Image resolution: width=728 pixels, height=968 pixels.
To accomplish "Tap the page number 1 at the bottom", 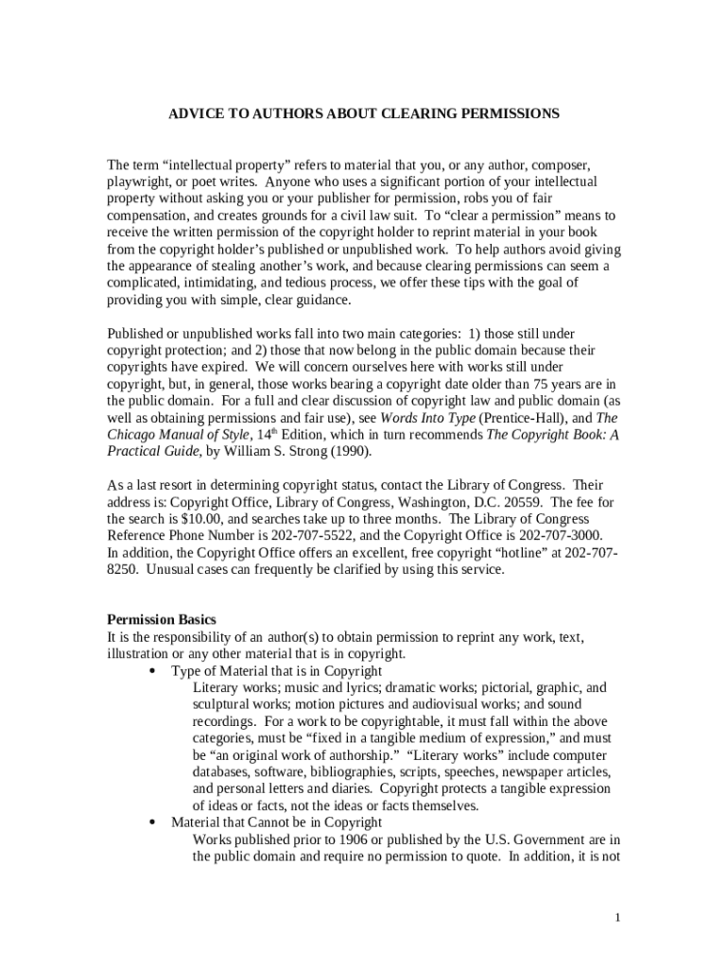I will [x=616, y=918].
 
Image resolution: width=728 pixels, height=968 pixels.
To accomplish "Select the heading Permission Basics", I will [x=162, y=620].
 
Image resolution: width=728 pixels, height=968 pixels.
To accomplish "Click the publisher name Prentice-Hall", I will [x=525, y=417].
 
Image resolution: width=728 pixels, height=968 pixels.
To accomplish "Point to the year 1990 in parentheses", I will [x=351, y=451].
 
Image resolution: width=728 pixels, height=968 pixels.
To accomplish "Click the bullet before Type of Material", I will [x=152, y=671].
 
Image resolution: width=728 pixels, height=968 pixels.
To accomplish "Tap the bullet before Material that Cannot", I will [x=152, y=823].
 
